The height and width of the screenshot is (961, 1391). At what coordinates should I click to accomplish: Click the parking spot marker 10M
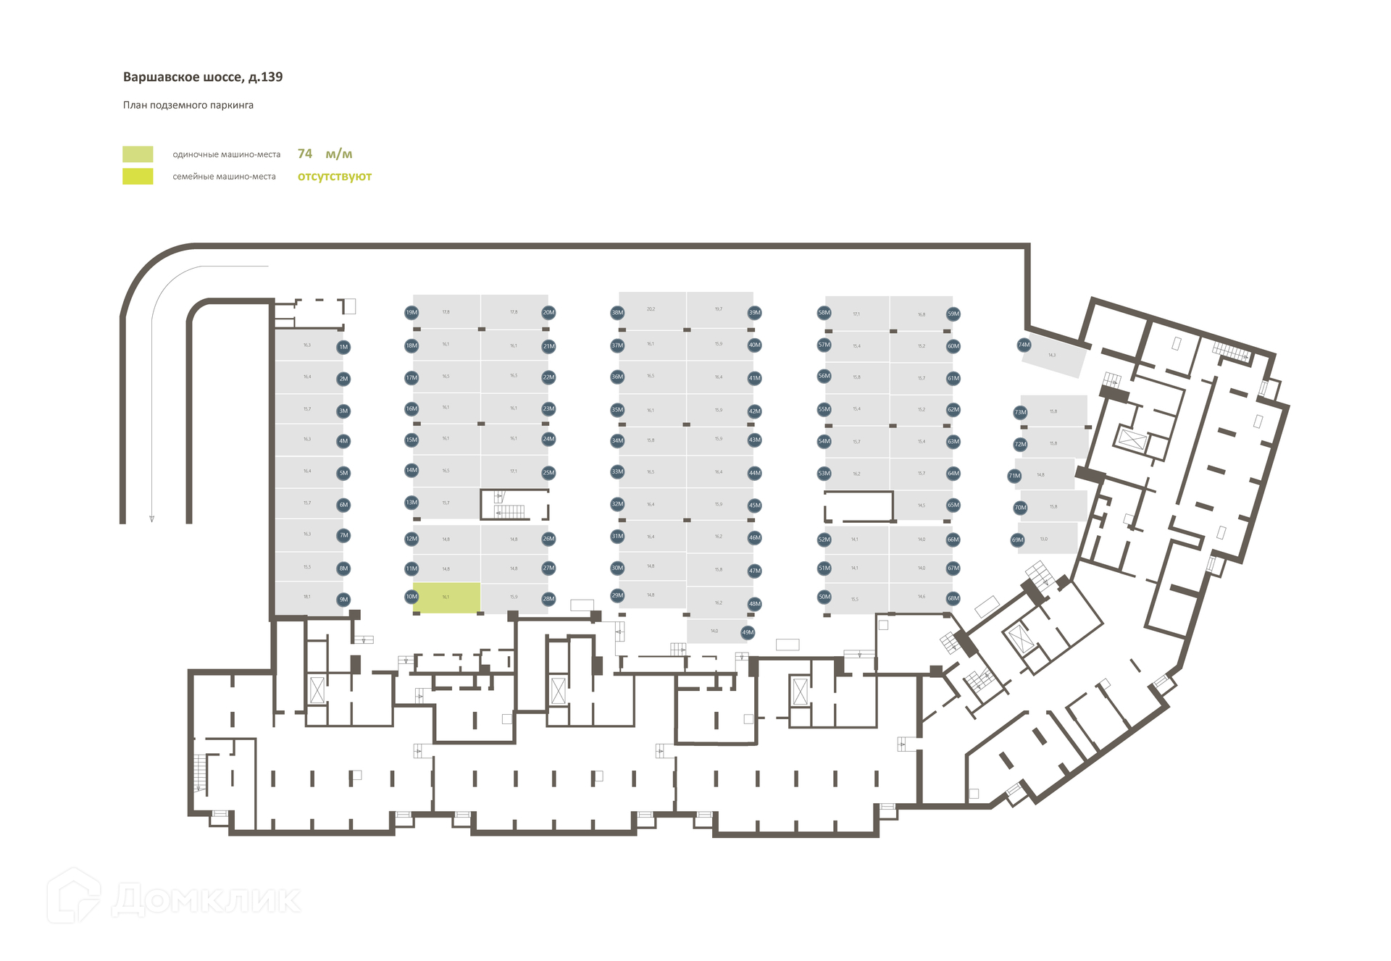[x=412, y=597]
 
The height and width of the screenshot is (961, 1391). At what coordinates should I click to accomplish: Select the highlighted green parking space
[x=446, y=597]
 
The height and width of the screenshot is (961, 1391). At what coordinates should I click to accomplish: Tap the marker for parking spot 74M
[x=1024, y=345]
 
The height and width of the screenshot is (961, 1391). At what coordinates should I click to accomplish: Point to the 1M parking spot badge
[x=343, y=347]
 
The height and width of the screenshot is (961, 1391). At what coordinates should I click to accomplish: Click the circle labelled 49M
[x=748, y=632]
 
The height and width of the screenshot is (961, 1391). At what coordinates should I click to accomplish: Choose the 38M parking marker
[x=617, y=313]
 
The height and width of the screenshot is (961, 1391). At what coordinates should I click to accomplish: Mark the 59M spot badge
[x=953, y=314]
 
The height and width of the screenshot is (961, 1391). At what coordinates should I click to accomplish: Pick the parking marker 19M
[x=412, y=313]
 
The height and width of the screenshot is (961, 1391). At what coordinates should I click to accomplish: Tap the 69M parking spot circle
[x=1018, y=540]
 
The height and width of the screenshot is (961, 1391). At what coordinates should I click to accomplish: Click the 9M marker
[x=343, y=600]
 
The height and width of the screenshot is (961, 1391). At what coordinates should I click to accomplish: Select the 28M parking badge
[x=548, y=599]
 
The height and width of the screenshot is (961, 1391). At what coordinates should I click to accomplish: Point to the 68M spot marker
[x=953, y=598]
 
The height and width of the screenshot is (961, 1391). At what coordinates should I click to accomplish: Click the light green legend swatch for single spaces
[x=138, y=154]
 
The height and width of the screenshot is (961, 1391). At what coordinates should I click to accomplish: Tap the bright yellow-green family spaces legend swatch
[x=138, y=176]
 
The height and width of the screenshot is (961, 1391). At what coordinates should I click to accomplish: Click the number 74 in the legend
[x=305, y=154]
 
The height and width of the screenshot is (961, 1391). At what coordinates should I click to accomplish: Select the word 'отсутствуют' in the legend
[x=334, y=176]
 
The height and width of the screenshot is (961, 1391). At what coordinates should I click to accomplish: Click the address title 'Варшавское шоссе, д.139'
[x=203, y=77]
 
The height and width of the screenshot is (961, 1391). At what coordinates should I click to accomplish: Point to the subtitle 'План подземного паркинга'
[x=188, y=105]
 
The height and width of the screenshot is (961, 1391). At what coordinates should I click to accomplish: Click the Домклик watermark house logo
[x=74, y=896]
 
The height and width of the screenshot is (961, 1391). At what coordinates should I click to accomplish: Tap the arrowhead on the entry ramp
[x=151, y=519]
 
